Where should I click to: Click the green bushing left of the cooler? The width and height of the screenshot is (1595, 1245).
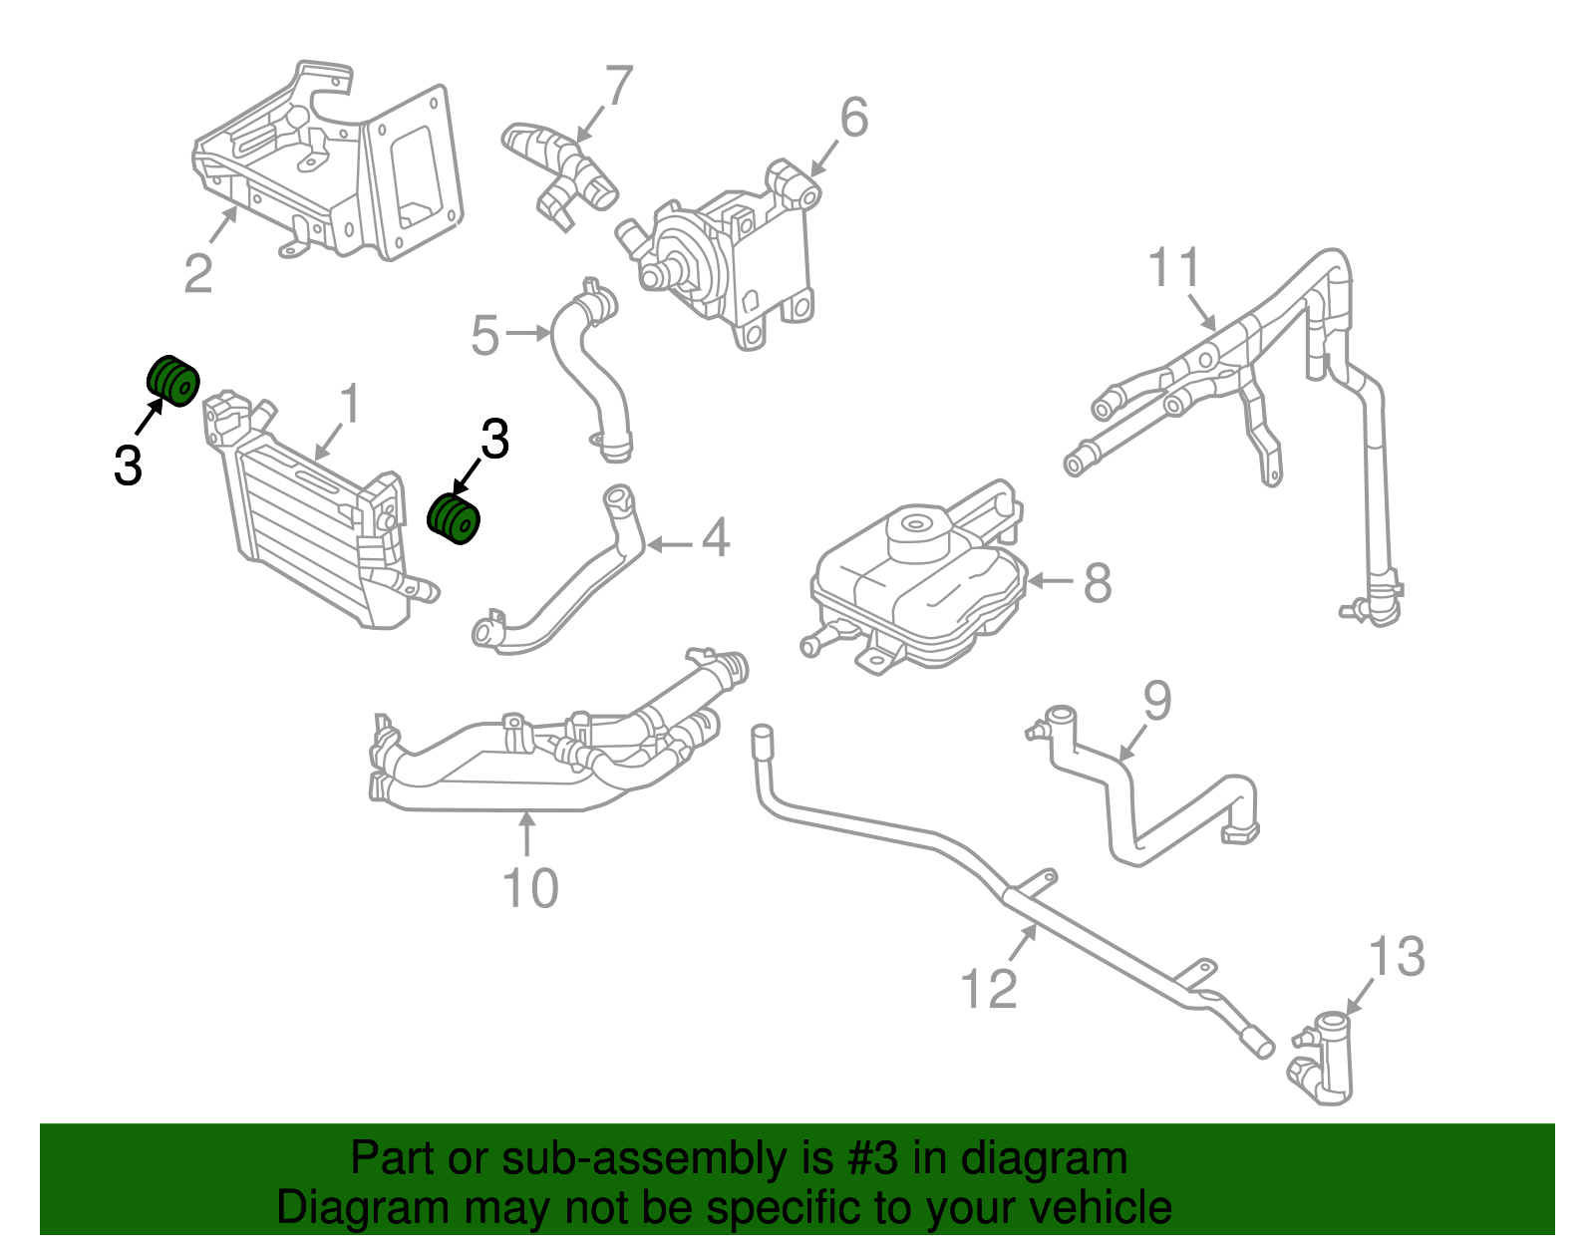coord(173,381)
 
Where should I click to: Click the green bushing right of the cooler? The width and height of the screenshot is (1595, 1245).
coord(455,518)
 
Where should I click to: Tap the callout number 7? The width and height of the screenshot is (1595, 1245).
coord(618,87)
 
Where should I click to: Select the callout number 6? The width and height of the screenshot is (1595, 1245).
coord(854,118)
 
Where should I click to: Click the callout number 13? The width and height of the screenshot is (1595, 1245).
coord(1397,957)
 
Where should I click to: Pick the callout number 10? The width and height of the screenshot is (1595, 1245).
coord(530,888)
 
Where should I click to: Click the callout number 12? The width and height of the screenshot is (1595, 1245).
coord(988,989)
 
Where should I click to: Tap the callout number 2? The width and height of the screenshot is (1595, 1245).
coord(198,273)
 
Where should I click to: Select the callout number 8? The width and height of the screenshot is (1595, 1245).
coord(1097,582)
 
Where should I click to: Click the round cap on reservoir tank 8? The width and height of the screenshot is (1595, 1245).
coord(914,525)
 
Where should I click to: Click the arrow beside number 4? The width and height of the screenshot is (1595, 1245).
coord(670,544)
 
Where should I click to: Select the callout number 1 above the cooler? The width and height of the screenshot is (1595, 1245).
coord(349,405)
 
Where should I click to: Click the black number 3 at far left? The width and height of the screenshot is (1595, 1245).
coord(128,466)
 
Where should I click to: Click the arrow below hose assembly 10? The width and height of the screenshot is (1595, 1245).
coord(527,833)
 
